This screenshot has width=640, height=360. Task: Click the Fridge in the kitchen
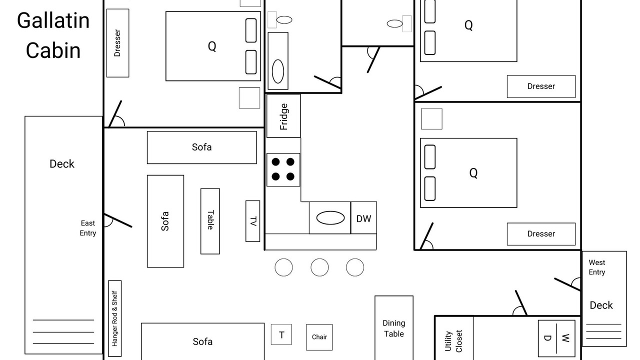(x=283, y=116)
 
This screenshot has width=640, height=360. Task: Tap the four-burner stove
(x=283, y=169)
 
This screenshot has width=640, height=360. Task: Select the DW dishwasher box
(x=363, y=217)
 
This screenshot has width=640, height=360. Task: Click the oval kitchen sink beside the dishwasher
(x=330, y=218)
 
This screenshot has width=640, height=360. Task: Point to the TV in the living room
(x=253, y=221)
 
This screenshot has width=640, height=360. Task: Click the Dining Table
(x=394, y=328)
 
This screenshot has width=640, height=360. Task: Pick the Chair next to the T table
(x=319, y=337)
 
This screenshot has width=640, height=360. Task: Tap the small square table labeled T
(x=281, y=334)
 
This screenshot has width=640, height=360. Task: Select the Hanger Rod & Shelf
(x=115, y=318)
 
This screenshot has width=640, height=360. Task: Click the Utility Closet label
(x=453, y=341)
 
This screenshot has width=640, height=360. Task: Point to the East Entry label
(x=87, y=228)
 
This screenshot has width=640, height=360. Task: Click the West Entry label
(x=597, y=267)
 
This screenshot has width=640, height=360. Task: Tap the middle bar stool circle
(x=319, y=267)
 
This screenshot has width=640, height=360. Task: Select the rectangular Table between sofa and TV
(x=210, y=221)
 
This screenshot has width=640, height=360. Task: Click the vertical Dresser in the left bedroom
(x=117, y=43)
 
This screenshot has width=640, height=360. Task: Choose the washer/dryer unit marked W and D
(x=556, y=338)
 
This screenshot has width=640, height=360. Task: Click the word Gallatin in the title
(x=53, y=20)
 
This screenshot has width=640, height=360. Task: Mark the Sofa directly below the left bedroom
(x=201, y=147)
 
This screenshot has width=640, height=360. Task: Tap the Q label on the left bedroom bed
(x=212, y=46)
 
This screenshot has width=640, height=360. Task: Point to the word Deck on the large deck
(x=62, y=164)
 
